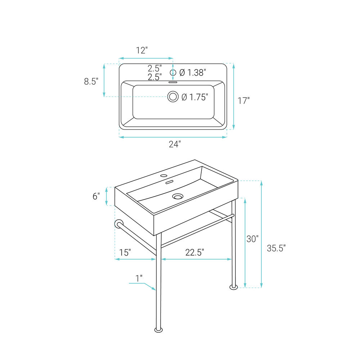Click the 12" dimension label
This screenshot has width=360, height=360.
141,50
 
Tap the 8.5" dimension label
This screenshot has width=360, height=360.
91,81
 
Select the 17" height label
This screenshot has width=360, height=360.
243,100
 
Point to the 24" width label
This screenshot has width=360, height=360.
175,144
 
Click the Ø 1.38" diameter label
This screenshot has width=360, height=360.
193,73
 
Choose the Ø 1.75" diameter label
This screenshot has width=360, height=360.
195,97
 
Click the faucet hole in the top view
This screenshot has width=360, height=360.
173,73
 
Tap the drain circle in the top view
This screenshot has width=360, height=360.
173,96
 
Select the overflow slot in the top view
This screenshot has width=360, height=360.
173,82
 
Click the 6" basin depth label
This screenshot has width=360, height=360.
96,196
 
